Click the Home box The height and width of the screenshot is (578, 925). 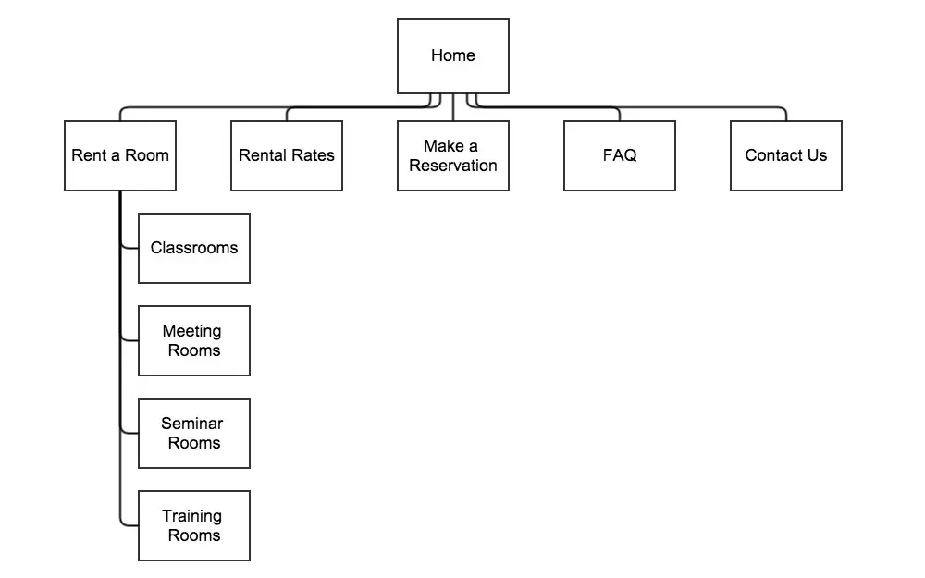click(453, 56)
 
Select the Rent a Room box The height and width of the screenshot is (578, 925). click(120, 155)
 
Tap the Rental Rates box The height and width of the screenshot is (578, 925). click(287, 155)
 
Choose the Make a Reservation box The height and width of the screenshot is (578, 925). click(453, 155)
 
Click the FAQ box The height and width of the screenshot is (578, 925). click(620, 155)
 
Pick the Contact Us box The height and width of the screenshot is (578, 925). click(786, 155)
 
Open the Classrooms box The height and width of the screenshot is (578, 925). click(194, 248)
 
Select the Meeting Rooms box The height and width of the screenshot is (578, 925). click(194, 341)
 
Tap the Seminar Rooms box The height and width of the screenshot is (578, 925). click(194, 434)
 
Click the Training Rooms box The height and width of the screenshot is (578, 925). click(194, 525)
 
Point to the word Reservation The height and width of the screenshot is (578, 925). click(453, 166)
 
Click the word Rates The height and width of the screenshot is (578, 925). click(313, 155)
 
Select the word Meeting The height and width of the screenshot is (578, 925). click(192, 331)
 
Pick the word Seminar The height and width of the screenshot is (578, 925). click(192, 424)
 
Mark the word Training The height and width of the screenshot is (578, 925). click(192, 517)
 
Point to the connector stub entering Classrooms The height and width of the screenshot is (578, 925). click(129, 248)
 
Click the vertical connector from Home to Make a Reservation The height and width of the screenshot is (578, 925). click(453, 107)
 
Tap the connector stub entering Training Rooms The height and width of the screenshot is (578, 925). click(129, 525)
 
